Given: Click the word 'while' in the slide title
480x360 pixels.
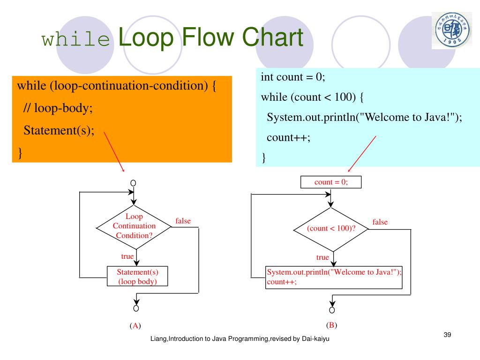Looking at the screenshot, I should (x=75, y=40).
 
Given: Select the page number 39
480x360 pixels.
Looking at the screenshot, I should (x=447, y=334).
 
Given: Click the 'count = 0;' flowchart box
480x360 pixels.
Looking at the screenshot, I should (x=331, y=182).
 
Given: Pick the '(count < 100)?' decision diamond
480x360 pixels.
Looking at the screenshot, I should (x=331, y=229).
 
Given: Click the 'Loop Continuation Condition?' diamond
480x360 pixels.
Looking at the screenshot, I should (x=134, y=226).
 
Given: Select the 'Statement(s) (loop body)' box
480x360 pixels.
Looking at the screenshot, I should (x=137, y=277).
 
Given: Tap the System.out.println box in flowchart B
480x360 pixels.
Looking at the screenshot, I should (x=334, y=277).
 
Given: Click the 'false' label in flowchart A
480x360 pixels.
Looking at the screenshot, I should (x=183, y=221).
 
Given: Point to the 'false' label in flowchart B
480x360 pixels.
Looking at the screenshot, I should (x=380, y=222).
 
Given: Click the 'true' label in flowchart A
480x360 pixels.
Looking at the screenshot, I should (x=127, y=256).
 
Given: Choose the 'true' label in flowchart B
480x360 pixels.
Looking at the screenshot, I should (x=322, y=257).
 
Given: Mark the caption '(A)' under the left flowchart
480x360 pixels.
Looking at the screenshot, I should (x=135, y=326).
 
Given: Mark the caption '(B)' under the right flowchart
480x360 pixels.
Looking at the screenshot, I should (x=331, y=325).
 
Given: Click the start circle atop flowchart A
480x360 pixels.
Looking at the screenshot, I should (x=133, y=182).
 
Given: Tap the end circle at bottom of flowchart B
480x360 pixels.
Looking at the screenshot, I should (x=332, y=310).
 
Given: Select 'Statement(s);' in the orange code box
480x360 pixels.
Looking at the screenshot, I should (x=59, y=130).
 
